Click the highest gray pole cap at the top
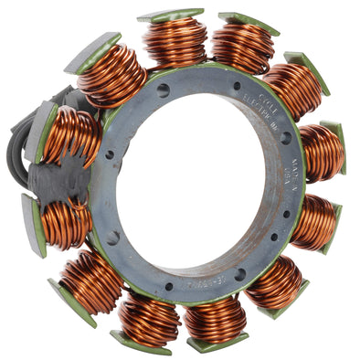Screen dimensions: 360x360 pyautogui.click(x=170, y=15)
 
